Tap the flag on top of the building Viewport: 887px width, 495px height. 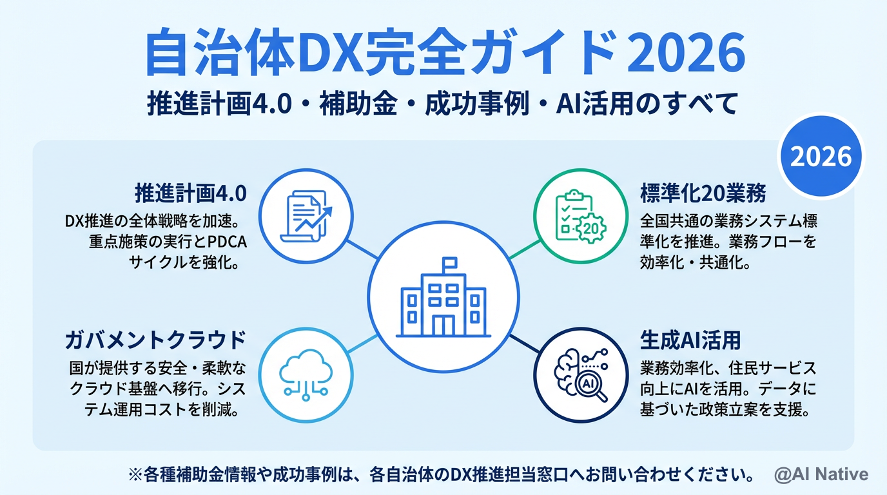[x=449, y=263]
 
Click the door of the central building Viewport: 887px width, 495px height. [x=443, y=325]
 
